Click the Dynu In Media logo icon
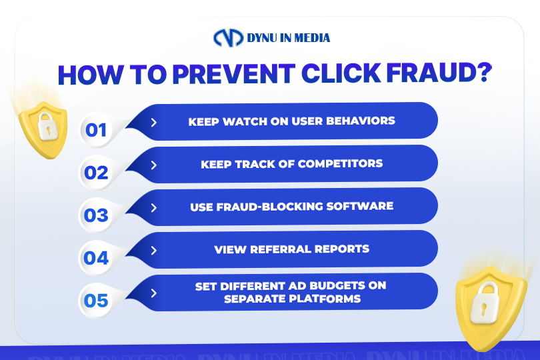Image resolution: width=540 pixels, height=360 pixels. tap(228, 37)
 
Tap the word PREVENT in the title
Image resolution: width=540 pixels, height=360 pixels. tap(234, 74)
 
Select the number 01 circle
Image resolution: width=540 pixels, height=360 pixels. tap(96, 130)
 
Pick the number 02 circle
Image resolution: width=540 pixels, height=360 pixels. tap(96, 173)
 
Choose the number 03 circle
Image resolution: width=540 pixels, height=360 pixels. tap(96, 215)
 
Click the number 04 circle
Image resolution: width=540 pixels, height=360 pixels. tap(96, 258)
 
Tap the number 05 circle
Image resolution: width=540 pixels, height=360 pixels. tap(96, 301)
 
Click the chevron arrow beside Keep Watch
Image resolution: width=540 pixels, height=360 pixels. tap(154, 122)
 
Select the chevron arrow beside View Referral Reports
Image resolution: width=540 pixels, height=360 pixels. tap(154, 251)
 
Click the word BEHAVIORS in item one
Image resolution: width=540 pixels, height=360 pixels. tap(361, 121)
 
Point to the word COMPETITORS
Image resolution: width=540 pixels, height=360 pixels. tap(340, 163)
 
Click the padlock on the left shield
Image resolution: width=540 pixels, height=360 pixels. tap(47, 126)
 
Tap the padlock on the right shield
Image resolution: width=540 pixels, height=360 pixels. tap(485, 303)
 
